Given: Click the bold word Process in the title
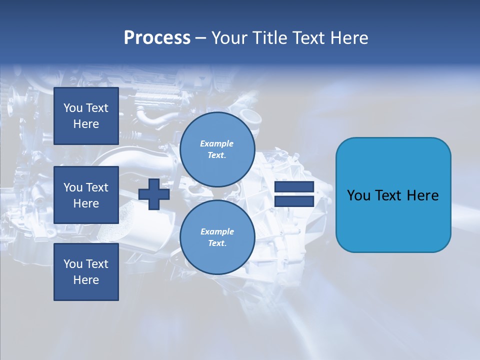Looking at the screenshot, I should [x=157, y=38].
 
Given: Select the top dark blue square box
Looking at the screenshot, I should [x=86, y=116].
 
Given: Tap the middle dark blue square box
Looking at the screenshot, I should [x=86, y=195].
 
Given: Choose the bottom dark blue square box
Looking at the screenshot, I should [x=86, y=272].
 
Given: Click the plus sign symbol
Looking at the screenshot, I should [x=154, y=194].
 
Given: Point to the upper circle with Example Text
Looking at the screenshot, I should [x=217, y=149].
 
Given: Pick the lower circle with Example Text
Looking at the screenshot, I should [x=217, y=237].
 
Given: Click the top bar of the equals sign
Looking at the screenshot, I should [x=294, y=186].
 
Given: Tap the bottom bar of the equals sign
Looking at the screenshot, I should [x=294, y=201].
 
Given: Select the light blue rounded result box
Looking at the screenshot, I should [x=393, y=195].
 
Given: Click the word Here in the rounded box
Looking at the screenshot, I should [x=422, y=195].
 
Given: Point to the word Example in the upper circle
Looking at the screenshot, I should [x=217, y=143].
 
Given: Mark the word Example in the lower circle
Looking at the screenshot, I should [x=217, y=231].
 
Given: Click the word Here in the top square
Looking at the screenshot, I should [x=86, y=124].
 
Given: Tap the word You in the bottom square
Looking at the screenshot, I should [x=73, y=264].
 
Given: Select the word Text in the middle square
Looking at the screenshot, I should [x=97, y=187].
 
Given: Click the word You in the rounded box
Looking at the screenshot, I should [x=358, y=195].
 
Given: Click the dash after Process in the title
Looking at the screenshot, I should [x=200, y=38].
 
